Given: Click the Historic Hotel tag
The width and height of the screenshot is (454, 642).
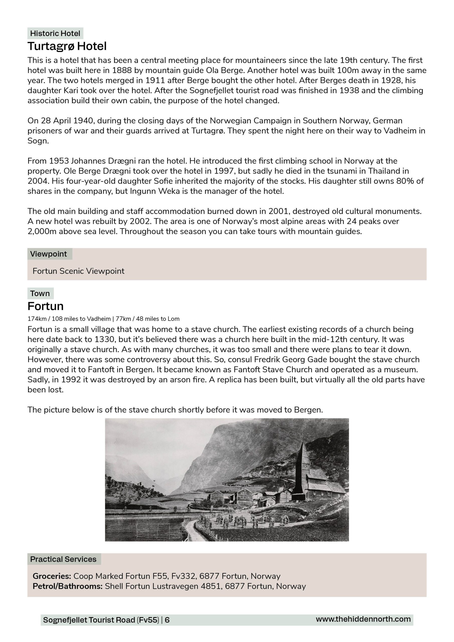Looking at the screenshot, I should click(55, 34).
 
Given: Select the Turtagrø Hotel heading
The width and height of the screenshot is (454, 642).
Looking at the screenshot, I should click(67, 46).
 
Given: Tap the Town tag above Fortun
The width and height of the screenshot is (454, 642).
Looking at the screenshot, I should click(40, 294).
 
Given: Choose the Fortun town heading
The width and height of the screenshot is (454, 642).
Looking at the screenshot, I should click(45, 306).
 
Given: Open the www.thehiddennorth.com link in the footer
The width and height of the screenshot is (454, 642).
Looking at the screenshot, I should click(363, 619).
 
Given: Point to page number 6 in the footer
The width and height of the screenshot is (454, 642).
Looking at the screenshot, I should click(167, 620).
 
